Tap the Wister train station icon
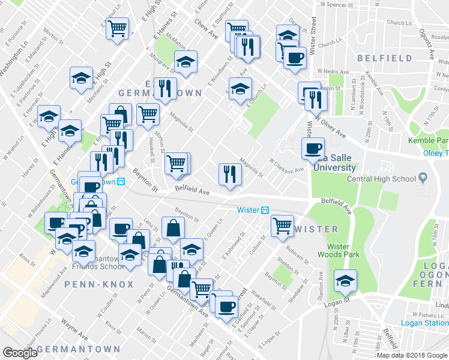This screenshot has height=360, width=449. pos(265,210)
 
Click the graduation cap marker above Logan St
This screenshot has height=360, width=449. pos(345,280)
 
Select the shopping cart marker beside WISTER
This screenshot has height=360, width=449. pos(282,226)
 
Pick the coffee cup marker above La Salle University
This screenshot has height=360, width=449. pos(313,148)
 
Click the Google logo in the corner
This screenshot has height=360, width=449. pos(19,352)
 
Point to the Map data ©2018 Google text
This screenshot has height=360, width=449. pos(412,355)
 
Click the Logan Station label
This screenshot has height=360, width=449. pos(423,323)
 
